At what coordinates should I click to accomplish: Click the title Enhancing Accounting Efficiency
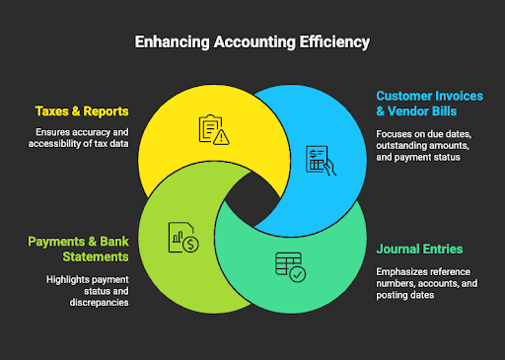click(x=252, y=43)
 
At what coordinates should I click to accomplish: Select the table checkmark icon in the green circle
click(x=290, y=265)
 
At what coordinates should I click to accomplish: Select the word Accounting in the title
click(x=255, y=43)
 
